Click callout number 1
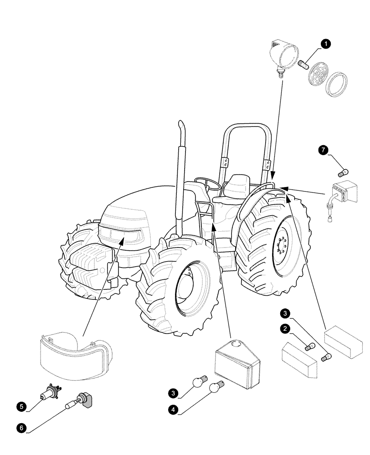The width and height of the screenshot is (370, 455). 325,44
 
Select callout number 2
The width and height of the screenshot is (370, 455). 284,328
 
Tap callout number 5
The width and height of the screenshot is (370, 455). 21,404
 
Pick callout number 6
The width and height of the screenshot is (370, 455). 21,427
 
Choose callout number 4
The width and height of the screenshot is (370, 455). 173,409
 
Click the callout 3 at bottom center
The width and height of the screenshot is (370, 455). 173,392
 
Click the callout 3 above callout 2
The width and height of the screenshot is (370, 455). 284,313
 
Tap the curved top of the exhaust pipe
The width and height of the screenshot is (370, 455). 181,125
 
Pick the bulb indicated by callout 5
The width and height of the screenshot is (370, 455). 48,392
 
